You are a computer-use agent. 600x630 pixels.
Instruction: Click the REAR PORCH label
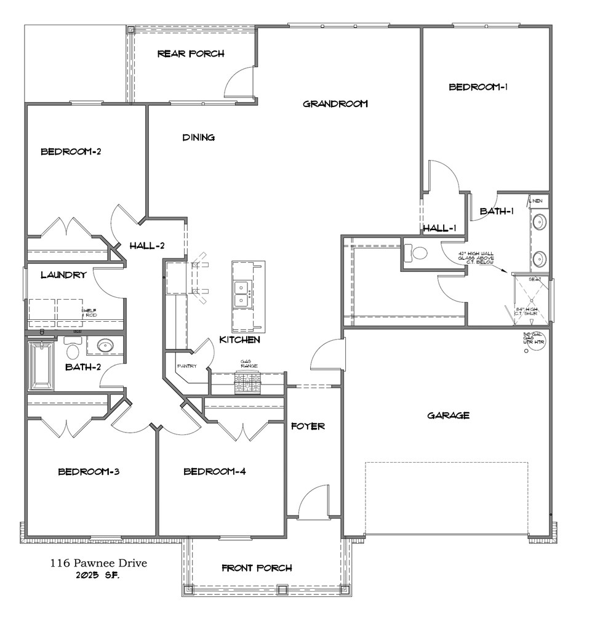click(x=191, y=54)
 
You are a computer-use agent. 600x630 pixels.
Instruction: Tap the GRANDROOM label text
click(x=335, y=103)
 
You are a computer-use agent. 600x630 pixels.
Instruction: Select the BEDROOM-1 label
click(x=478, y=87)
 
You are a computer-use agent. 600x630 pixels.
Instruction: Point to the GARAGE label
click(x=448, y=415)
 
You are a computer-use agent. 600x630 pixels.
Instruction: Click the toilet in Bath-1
click(x=418, y=252)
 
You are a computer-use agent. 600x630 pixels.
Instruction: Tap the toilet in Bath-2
click(x=73, y=351)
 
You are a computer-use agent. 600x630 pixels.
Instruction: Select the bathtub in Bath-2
click(x=42, y=366)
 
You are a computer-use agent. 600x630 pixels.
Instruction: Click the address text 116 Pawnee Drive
click(x=98, y=563)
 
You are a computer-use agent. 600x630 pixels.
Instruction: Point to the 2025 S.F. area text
click(x=98, y=575)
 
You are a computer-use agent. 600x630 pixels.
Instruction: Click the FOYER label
click(x=308, y=426)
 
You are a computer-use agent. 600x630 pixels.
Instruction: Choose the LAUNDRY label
click(x=63, y=275)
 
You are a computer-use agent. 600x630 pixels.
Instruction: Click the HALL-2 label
click(x=147, y=246)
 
